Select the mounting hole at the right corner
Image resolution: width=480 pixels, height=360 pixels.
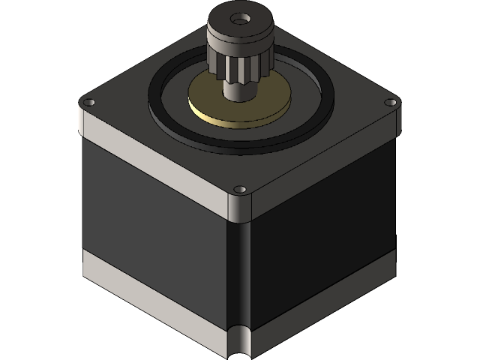click(x=389, y=102)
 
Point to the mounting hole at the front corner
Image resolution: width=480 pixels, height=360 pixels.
click(x=239, y=189)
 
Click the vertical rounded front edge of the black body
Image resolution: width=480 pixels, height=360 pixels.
click(x=240, y=270)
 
